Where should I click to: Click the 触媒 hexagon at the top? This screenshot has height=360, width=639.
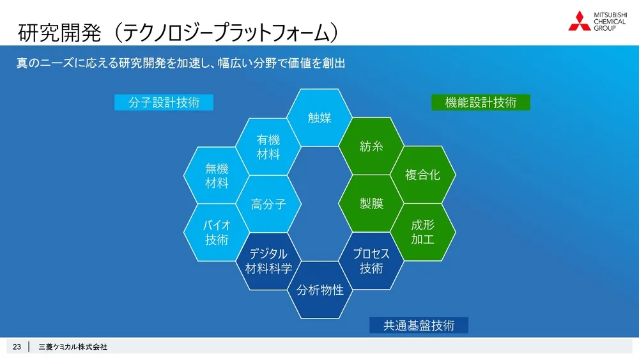(319, 118)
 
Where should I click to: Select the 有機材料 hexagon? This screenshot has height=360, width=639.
(268, 146)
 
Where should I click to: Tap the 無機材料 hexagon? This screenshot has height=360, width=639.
(217, 176)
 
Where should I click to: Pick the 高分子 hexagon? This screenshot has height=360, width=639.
(268, 205)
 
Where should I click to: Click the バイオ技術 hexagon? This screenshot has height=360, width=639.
(217, 232)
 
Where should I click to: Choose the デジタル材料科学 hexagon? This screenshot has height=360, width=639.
(268, 261)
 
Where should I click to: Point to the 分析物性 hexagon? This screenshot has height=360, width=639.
(319, 290)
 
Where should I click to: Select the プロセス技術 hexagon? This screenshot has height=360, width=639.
(371, 261)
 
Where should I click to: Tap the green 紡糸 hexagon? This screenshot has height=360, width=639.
(371, 146)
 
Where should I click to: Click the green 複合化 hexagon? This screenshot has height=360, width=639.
(423, 175)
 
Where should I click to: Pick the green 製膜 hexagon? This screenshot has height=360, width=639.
(371, 204)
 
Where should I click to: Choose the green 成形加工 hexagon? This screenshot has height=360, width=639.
(423, 232)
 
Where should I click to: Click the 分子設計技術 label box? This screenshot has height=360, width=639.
(164, 102)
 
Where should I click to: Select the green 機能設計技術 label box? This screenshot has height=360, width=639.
(481, 102)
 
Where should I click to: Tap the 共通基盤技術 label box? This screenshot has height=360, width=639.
(419, 325)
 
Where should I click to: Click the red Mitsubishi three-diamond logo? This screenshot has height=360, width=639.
(580, 20)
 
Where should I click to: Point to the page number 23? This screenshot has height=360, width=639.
(17, 347)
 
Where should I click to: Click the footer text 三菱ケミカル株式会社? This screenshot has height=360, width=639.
(73, 347)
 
